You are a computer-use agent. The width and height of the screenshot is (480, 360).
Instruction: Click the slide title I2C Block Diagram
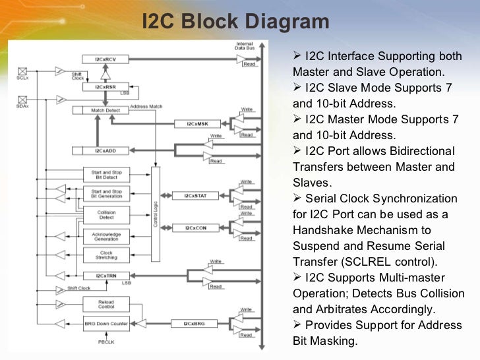point(235,21)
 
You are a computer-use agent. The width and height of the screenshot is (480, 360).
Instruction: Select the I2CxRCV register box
point(106,59)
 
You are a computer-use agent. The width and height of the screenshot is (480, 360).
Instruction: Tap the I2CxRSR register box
point(105,86)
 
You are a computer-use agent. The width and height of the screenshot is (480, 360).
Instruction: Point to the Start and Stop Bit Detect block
point(105,174)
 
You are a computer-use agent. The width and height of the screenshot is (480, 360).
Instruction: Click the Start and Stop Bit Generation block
point(105,194)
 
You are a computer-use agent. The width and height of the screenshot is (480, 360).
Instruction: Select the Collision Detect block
point(105,215)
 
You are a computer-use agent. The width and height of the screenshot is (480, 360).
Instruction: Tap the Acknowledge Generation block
point(105,235)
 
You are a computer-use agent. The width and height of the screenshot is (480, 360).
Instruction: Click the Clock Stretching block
point(105,256)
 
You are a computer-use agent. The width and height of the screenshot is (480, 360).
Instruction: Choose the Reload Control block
point(105,304)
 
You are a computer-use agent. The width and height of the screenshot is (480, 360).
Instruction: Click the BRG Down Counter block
point(105,324)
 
